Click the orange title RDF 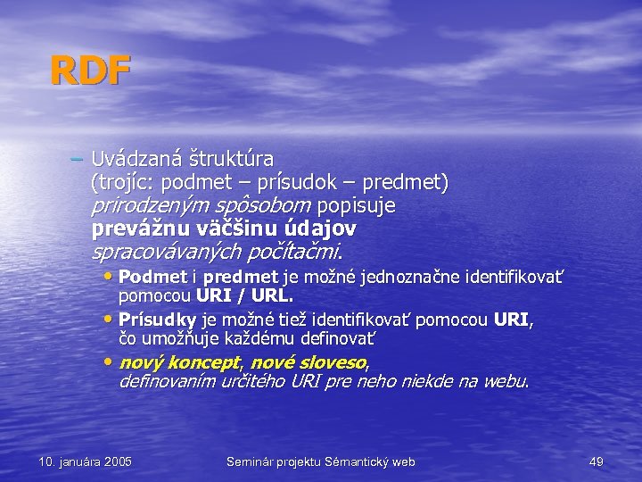coord(90,71)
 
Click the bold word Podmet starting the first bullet coord(152,277)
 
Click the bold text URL coord(271,294)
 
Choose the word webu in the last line coord(508,381)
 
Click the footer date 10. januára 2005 coord(86,461)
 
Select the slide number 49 coord(597,461)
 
